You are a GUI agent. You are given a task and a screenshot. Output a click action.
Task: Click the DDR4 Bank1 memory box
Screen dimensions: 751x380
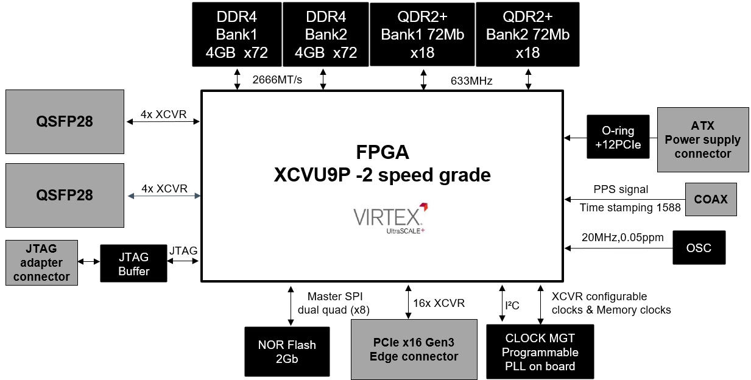237,35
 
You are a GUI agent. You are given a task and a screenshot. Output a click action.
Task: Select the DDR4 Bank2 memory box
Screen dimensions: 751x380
325,35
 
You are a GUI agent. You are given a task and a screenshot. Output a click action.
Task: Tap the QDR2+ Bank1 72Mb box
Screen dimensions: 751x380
422,35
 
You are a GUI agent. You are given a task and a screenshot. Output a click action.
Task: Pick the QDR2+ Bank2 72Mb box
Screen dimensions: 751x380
527,35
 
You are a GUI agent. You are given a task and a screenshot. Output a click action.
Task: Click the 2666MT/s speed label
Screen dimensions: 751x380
277,80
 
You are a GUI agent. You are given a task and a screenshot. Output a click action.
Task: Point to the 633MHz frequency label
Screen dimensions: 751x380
471,81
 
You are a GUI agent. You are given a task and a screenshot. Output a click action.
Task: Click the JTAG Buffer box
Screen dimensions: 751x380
133,264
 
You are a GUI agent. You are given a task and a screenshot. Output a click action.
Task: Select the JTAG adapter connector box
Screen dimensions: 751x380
41,262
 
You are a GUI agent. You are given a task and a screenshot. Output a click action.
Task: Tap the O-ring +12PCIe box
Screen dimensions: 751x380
618,137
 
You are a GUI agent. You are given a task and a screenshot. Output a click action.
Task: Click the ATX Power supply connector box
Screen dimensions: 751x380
703,139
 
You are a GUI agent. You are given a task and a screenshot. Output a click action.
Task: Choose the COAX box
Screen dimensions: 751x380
711,199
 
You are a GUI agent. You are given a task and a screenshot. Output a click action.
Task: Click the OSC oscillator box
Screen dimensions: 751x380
699,248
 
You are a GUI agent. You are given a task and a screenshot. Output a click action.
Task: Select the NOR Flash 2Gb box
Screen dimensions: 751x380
287,351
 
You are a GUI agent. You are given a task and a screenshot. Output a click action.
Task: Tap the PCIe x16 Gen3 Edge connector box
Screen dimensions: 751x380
414,350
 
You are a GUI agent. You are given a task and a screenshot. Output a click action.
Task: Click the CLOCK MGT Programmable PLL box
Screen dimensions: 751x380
540,351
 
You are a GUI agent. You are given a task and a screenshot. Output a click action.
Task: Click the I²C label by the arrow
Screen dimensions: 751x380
512,305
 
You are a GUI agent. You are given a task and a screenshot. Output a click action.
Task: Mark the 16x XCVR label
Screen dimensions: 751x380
439,303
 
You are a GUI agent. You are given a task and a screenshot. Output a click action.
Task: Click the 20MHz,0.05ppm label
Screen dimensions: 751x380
622,237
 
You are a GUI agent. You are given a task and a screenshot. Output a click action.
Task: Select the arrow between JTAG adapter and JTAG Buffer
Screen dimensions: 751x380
89,261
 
